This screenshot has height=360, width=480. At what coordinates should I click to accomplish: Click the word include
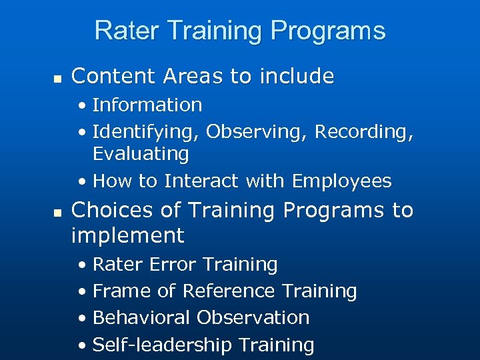pos(297,77)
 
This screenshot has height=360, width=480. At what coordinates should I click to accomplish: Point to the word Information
pos(147,105)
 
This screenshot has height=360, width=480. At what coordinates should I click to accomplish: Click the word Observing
pos(257,132)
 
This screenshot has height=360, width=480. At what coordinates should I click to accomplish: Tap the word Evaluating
pos(141,154)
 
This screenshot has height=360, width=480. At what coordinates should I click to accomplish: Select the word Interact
pos(202,181)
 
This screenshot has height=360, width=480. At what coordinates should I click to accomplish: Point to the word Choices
pos(108,210)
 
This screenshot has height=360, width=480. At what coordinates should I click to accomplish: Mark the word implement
pos(127,235)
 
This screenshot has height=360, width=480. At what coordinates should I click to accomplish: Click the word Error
pos(172,265)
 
